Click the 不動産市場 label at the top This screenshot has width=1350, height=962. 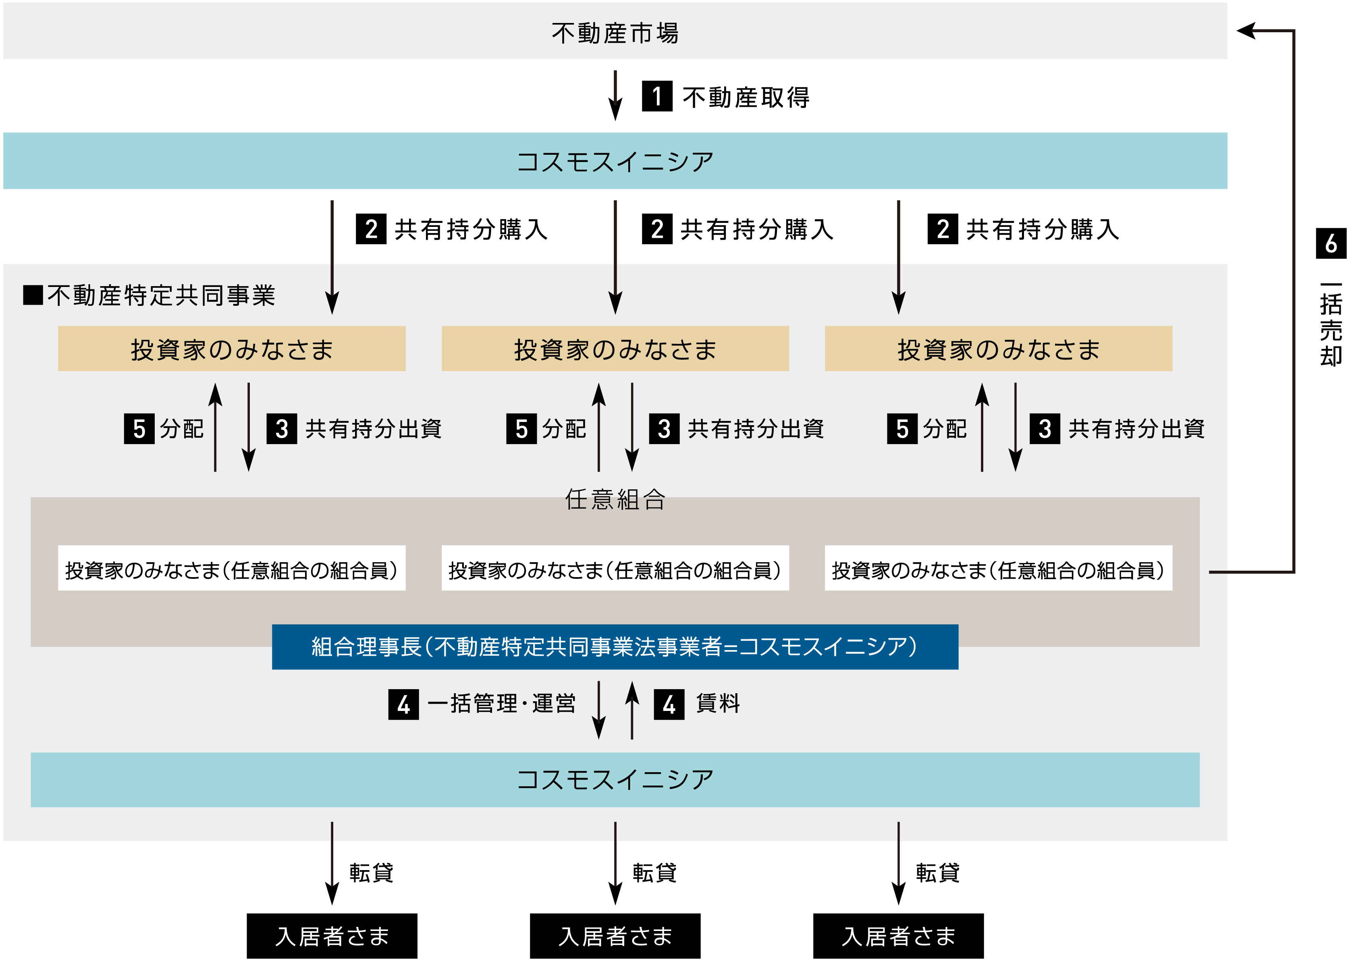click(615, 33)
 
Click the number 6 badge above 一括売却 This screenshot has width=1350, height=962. click(1330, 243)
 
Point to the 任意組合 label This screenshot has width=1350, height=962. click(615, 499)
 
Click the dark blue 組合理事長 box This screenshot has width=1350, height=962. click(615, 646)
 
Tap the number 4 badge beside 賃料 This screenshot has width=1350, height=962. click(669, 704)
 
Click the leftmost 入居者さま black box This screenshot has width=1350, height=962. click(332, 936)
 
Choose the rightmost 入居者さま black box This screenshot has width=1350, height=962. click(898, 936)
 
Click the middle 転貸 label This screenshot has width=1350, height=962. click(654, 873)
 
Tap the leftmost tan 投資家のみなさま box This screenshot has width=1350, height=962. click(232, 349)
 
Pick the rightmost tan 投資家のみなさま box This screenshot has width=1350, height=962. click(998, 349)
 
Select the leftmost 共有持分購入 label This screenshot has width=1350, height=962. click(471, 229)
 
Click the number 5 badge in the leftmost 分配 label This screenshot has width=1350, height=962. click(139, 428)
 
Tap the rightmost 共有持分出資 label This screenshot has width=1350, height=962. click(1136, 428)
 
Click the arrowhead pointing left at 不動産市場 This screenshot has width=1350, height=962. click(1247, 30)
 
